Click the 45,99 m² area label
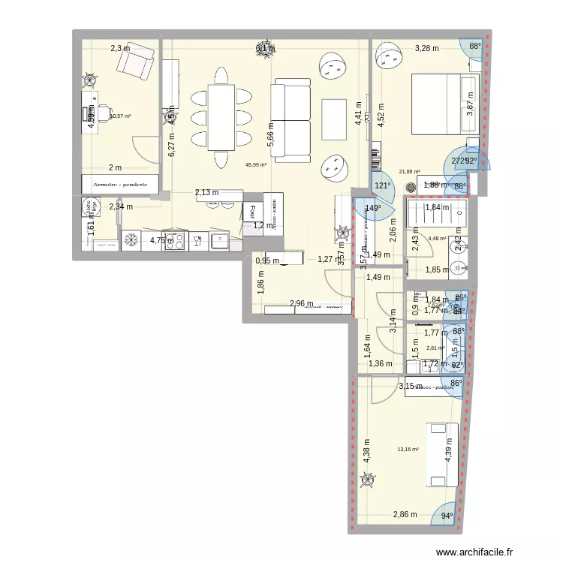tap(256, 165)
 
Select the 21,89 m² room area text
tap(409, 172)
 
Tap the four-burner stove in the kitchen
tap(175, 241)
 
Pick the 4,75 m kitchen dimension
tap(161, 241)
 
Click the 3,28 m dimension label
tap(426, 50)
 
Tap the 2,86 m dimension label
tap(405, 515)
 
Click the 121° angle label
tap(384, 185)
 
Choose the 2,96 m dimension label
tap(301, 304)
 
